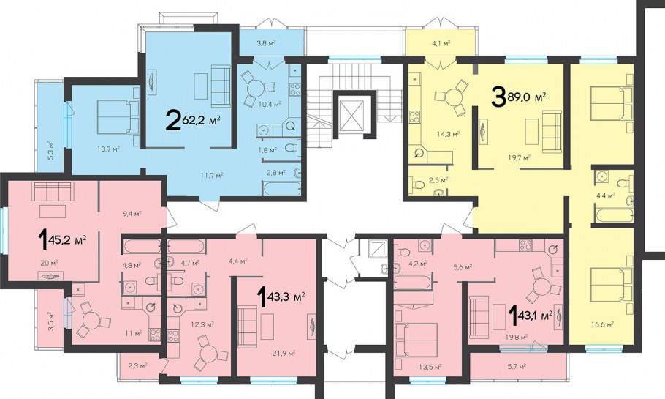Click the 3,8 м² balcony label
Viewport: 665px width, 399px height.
coord(267,42)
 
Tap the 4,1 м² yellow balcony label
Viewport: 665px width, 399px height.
coord(441,42)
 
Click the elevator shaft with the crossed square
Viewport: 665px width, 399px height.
coord(352,115)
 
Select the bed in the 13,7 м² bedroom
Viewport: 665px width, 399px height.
coord(118,117)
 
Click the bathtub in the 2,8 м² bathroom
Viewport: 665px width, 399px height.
coord(282,188)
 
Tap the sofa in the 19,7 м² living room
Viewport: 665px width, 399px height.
coord(552,133)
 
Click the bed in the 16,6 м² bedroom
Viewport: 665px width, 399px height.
coord(612,104)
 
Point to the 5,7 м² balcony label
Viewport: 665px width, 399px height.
coord(517,365)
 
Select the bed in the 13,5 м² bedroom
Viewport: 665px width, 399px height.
coord(416,340)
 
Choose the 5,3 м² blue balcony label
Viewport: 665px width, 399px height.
coord(50,150)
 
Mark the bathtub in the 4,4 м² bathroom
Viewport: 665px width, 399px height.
coord(613,215)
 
